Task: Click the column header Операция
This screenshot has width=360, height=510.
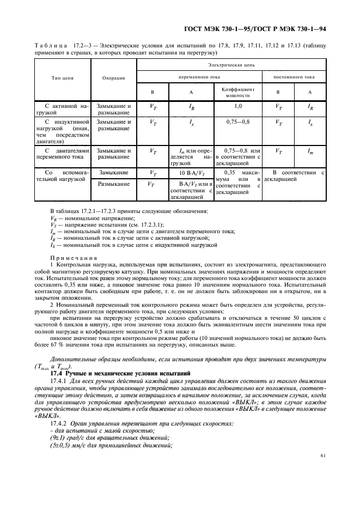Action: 114,78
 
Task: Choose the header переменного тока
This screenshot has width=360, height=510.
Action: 198,77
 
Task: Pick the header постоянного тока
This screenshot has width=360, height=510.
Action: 294,77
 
